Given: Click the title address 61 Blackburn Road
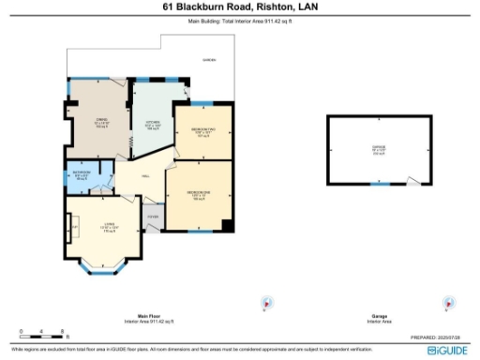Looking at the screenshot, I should click(x=239, y=7).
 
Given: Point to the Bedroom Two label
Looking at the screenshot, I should click(x=203, y=131).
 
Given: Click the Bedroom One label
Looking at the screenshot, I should click(x=198, y=194).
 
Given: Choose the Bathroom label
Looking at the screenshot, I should click(x=82, y=175).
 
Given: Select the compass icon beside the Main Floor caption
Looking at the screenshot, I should click(x=267, y=304).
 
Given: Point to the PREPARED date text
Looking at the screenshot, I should click(x=438, y=337).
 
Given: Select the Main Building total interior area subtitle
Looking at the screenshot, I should click(x=239, y=20).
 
